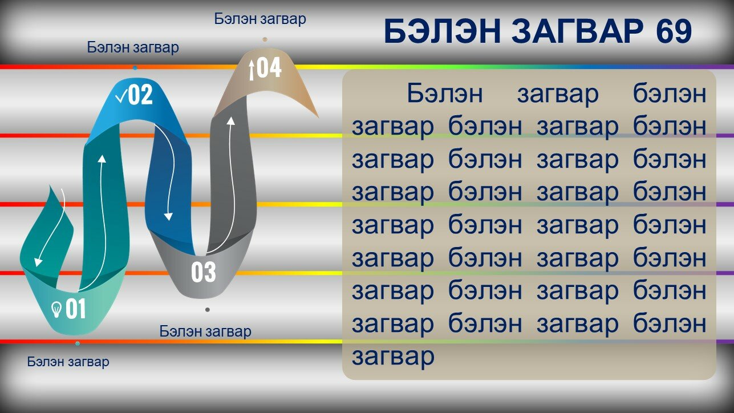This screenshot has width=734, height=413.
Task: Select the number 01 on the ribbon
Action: tap(76, 309)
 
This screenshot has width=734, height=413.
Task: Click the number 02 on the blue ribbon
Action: tap(140, 95)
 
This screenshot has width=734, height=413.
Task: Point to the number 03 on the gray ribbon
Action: tap(204, 272)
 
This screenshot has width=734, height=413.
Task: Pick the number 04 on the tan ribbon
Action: tap(269, 68)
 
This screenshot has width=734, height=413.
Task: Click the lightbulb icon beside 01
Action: tap(56, 309)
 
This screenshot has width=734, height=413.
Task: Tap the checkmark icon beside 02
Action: tap(121, 97)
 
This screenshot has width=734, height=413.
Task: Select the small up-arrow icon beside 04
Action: tap(252, 70)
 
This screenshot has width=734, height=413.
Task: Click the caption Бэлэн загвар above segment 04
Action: tap(260, 19)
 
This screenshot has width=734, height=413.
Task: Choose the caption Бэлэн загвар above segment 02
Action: tap(133, 47)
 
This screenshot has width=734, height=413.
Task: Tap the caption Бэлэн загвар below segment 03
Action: tap(205, 331)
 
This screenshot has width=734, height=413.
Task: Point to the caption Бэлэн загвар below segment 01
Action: tap(68, 362)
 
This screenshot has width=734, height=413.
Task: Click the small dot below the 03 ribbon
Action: tap(208, 310)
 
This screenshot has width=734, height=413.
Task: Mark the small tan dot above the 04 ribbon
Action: tap(265, 40)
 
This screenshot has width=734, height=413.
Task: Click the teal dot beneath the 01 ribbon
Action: tap(78, 343)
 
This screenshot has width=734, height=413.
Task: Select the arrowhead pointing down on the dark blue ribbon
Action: tap(168, 216)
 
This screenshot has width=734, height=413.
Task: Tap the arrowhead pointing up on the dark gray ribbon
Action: tap(231, 121)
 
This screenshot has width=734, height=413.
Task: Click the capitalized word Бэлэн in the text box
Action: tap(445, 94)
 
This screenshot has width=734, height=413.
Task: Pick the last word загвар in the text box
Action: tap(393, 357)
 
